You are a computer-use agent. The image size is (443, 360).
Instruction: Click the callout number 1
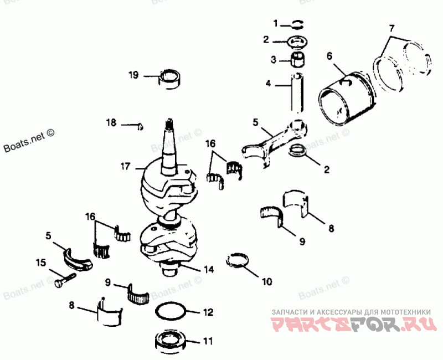[x=276, y=23]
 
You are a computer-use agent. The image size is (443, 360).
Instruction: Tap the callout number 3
[x=274, y=59]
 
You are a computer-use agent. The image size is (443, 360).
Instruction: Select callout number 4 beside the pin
[x=267, y=84]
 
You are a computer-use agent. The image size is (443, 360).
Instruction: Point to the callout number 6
[x=329, y=55]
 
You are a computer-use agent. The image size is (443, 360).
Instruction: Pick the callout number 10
[x=267, y=281]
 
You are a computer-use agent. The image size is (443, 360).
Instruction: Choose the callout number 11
[x=208, y=342]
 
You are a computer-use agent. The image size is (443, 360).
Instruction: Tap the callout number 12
[x=208, y=313]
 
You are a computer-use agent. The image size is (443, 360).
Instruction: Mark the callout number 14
[x=208, y=270]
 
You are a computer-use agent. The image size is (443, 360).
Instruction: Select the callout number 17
[x=125, y=166]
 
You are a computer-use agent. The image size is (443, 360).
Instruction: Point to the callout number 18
[x=112, y=122]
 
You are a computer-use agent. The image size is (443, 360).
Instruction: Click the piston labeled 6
[x=346, y=100]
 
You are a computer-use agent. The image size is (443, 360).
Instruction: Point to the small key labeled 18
[x=140, y=126]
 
